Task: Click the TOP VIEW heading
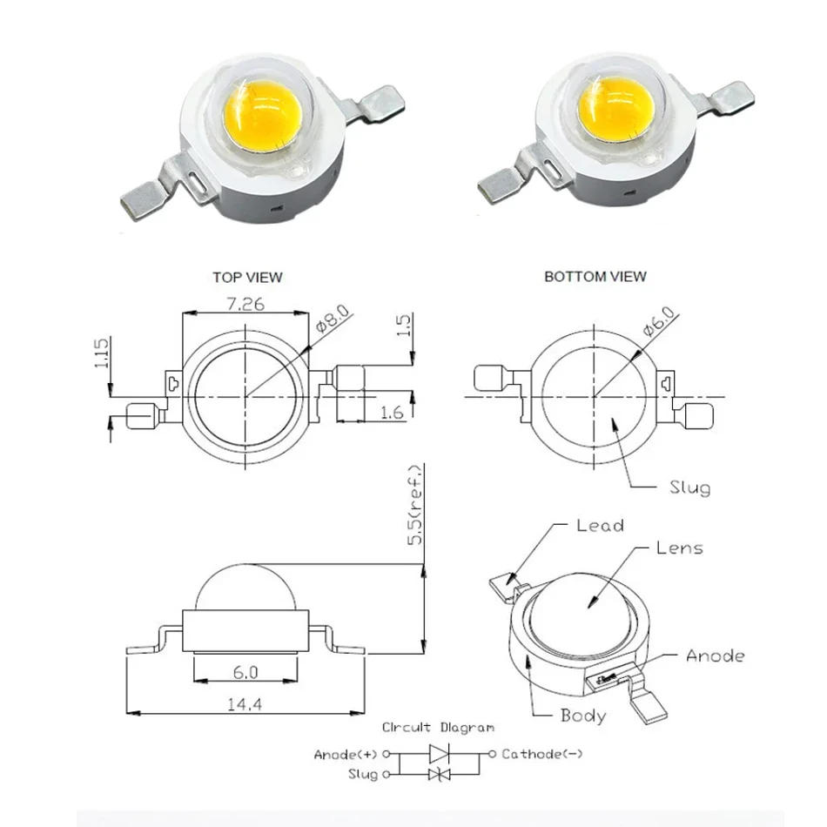tap(247, 277)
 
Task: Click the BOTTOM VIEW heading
tap(595, 276)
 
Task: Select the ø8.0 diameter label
tap(333, 319)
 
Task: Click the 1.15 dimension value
tap(101, 354)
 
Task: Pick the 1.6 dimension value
tap(393, 413)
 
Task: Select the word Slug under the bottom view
tap(689, 487)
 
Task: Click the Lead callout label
tap(600, 525)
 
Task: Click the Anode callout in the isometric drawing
tap(715, 656)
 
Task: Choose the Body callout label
tap(582, 716)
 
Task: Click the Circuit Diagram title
tap(438, 727)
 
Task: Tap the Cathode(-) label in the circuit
tap(541, 754)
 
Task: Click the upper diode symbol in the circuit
tap(439, 753)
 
